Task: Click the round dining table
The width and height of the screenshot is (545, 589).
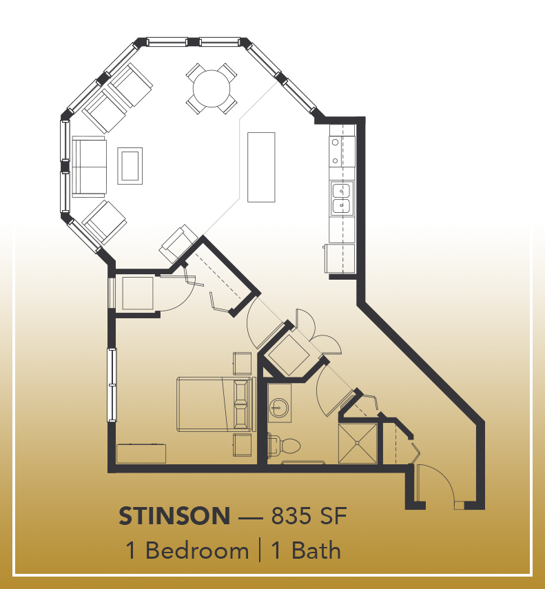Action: point(212,89)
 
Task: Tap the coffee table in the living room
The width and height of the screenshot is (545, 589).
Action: point(130,165)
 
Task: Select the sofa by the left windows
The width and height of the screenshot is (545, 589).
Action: point(89,167)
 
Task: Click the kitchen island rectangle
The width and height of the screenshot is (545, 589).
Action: point(261,167)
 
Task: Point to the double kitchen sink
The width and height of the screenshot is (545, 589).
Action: point(342,198)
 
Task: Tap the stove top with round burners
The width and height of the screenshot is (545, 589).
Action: point(342,152)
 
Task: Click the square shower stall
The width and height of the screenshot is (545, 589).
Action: point(358,443)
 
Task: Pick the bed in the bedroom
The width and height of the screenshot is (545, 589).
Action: point(216,404)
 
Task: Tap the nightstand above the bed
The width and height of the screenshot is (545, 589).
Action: point(243,363)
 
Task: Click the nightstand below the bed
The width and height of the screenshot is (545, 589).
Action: point(243,445)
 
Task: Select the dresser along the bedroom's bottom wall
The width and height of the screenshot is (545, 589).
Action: point(141,454)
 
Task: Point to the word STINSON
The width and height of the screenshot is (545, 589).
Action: point(174,516)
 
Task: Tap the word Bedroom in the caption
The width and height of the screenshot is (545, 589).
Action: point(197,551)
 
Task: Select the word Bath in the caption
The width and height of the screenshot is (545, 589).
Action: point(316,551)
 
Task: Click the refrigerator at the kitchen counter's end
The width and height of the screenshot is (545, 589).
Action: point(340,258)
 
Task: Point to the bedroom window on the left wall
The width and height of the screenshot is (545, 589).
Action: point(112,385)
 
